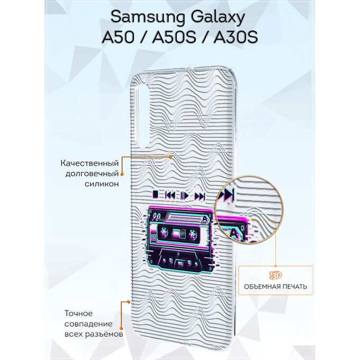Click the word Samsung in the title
click(148, 17)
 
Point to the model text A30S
click(236, 37)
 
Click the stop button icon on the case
click(156, 194)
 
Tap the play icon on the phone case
click(185, 195)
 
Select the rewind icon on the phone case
click(170, 195)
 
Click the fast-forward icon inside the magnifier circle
click(226, 194)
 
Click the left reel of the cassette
click(164, 232)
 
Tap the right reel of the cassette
click(193, 235)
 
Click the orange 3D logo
click(275, 275)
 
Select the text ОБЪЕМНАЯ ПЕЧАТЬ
click(275, 286)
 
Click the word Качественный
click(90, 163)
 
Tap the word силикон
click(102, 184)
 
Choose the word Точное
click(78, 313)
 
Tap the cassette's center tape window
click(178, 233)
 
